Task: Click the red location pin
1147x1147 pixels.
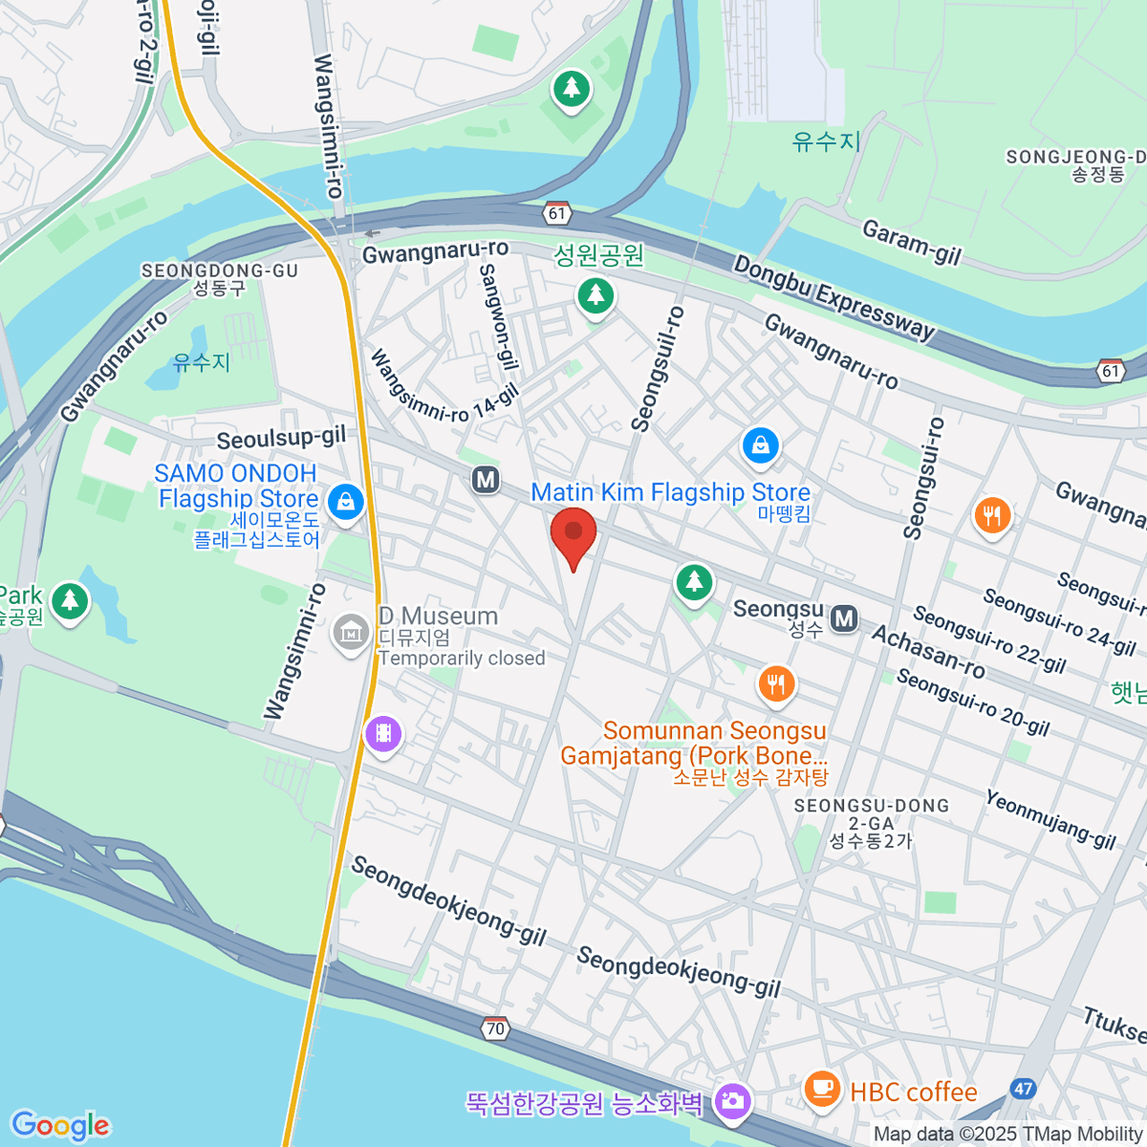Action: [x=573, y=533]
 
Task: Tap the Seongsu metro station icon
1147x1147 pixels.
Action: [x=844, y=619]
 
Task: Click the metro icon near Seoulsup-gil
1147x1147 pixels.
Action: [x=486, y=480]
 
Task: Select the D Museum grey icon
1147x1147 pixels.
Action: [x=351, y=632]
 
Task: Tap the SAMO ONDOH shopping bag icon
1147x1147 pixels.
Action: [x=345, y=501]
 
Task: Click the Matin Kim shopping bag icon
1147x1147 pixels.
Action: [x=760, y=445]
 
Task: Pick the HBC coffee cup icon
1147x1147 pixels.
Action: [x=821, y=1088]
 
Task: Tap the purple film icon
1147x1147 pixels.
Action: [x=383, y=734]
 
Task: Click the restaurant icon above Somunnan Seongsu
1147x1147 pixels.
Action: [x=776, y=684]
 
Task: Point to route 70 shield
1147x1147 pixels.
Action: [x=494, y=1028]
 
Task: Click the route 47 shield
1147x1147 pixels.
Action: [x=1024, y=1089]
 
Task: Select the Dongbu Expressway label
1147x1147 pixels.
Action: [x=833, y=297]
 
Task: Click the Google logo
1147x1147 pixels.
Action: [x=60, y=1125]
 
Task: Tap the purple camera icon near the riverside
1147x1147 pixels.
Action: [x=732, y=1101]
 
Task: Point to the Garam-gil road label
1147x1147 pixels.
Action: [x=911, y=242]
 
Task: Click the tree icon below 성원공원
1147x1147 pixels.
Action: [x=595, y=294]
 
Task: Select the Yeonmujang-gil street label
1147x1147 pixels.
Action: [x=1050, y=819]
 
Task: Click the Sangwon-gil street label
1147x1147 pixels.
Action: [x=498, y=317]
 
